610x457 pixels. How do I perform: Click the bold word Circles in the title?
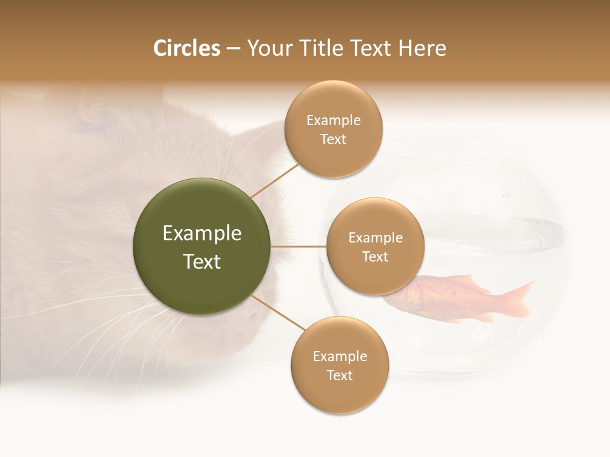pos(187,48)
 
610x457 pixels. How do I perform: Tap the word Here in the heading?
pos(422,48)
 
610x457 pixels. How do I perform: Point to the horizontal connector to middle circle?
pos(298,246)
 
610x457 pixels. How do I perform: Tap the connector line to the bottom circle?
pos(280,313)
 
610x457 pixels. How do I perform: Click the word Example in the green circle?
pos(202,233)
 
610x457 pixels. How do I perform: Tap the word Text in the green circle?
pos(202,262)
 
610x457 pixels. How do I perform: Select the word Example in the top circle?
pos(334,121)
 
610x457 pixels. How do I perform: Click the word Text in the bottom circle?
pos(339,375)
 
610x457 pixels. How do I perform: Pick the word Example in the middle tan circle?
pos(375,238)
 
